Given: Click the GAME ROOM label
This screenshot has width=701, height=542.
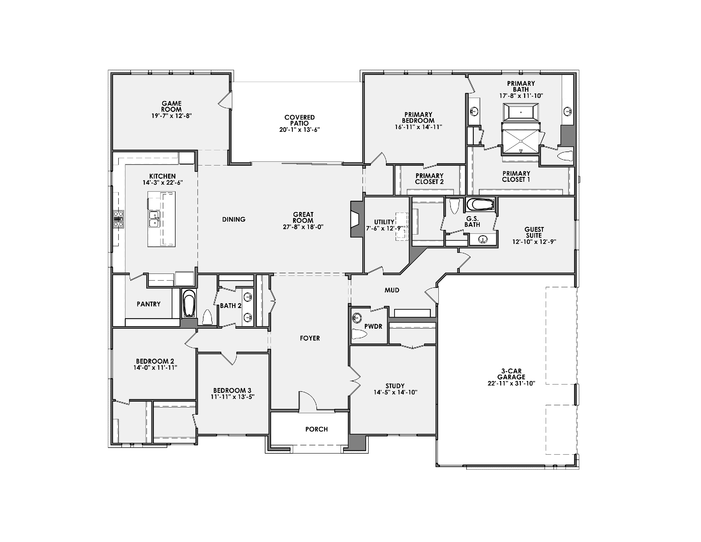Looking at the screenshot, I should pos(171,106).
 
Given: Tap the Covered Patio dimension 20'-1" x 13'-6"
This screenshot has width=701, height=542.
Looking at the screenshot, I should pos(300,130).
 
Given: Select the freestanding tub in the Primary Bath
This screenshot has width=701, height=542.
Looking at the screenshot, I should pos(521,112).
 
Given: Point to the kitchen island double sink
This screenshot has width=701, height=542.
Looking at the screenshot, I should pos(154,219).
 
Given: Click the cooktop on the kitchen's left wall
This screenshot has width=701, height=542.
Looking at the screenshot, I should pos(118,219).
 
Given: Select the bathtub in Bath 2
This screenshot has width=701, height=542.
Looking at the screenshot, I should pos(189,304).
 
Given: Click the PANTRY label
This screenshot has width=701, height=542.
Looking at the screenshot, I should pos(148,304).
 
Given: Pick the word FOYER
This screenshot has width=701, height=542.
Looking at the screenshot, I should pos(310,338).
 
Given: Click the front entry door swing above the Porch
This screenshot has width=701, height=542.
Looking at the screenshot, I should pos(307,400).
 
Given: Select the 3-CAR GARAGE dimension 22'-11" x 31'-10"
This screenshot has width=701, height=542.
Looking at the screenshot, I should pos(511,383).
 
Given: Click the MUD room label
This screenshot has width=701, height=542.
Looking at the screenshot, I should pos(392,290).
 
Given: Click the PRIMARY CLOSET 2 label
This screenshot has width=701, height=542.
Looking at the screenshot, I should pos(429,179).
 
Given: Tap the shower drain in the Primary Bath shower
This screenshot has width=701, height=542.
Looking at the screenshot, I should pos(521,141).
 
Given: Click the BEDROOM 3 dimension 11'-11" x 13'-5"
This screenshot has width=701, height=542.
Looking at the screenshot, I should pos(232,397).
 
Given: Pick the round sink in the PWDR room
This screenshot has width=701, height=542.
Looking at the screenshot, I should pos(356,318).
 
